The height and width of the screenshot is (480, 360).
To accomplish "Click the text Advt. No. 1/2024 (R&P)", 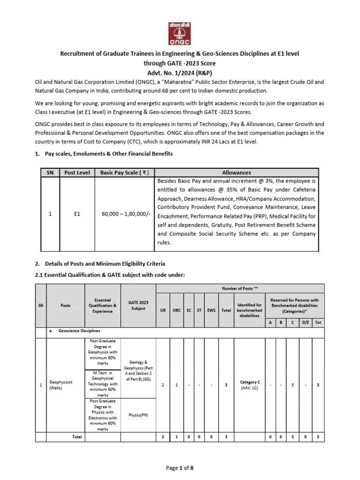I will tap(180, 72).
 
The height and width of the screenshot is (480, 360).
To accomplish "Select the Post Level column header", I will tap(77, 172).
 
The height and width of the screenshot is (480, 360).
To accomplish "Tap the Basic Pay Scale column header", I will tap(125, 172).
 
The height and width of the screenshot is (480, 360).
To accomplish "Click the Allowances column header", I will tap(236, 172).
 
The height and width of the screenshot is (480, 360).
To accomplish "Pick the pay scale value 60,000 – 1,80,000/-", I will tap(125, 214).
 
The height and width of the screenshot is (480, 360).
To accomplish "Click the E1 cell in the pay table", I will tap(77, 214).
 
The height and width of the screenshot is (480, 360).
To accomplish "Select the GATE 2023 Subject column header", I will tap(138, 305).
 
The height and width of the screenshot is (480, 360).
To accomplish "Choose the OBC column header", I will tap(177, 310).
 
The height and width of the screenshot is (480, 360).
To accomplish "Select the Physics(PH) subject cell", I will tap(138, 415).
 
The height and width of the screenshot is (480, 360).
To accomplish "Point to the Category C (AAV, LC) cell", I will tap(249, 385).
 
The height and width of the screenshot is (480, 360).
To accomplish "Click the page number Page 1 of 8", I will tap(180, 468).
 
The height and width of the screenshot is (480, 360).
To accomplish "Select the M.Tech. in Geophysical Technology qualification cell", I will tap(102, 383).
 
